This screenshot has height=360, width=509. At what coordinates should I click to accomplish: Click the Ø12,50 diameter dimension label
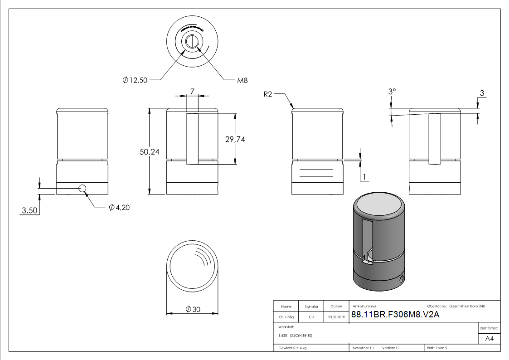pyautogui.click(x=135, y=80)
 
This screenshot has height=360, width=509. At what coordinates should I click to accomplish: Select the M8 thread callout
pyautogui.click(x=242, y=80)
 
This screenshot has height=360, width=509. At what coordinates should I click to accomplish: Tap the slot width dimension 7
pyautogui.click(x=192, y=92)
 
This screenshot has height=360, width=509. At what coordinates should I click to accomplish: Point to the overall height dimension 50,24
pyautogui.click(x=149, y=152)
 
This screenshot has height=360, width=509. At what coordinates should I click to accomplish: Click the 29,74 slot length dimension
pyautogui.click(x=235, y=140)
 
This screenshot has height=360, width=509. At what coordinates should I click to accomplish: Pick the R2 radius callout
pyautogui.click(x=268, y=94)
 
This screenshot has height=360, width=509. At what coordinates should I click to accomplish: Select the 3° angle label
pyautogui.click(x=392, y=92)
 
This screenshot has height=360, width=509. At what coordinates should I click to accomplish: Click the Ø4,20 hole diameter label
pyautogui.click(x=119, y=208)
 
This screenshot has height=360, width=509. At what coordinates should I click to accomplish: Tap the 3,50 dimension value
pyautogui.click(x=30, y=210)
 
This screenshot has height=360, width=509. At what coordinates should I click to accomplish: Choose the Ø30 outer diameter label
pyautogui.click(x=193, y=309)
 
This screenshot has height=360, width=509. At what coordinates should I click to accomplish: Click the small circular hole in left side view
pyautogui.click(x=82, y=188)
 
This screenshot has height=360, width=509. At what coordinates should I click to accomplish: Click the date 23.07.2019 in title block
pyautogui.click(x=336, y=317)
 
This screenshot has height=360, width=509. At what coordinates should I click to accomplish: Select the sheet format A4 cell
pyautogui.click(x=489, y=338)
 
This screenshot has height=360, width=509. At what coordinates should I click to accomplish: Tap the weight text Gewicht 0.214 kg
pyautogui.click(x=292, y=348)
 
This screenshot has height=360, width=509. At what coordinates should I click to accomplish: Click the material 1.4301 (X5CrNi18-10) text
pyautogui.click(x=296, y=336)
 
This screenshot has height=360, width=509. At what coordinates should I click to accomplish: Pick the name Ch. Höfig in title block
pyautogui.click(x=286, y=317)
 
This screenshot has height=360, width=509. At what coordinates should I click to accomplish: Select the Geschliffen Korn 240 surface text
pyautogui.click(x=467, y=306)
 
